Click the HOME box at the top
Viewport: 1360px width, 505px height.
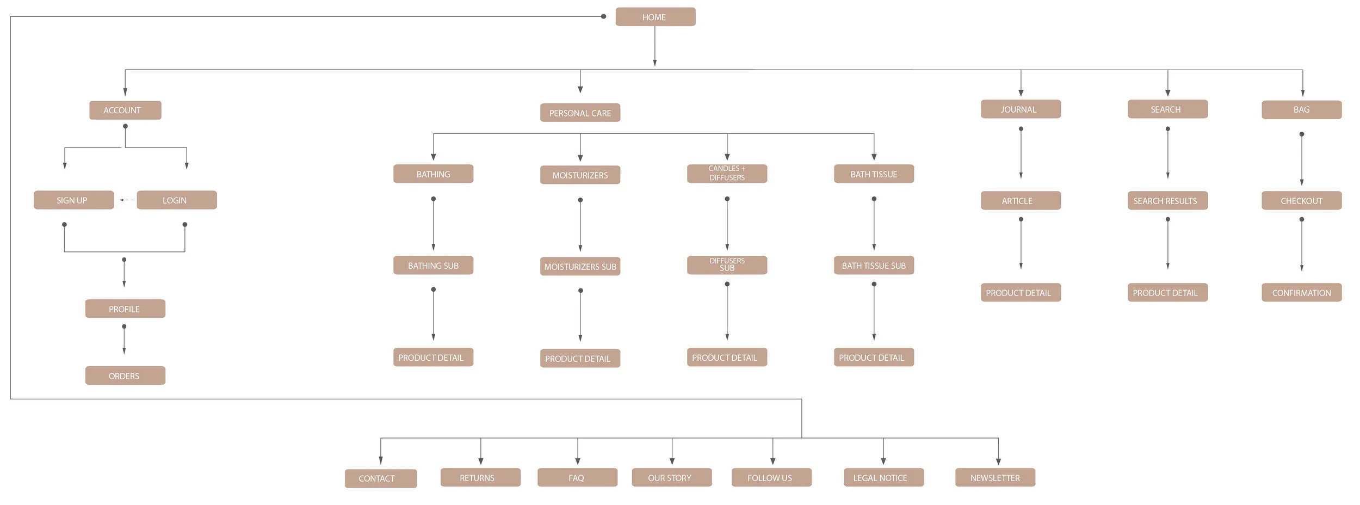tap(655, 17)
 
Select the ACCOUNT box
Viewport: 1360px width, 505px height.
tap(125, 110)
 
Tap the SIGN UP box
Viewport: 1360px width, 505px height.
tap(73, 200)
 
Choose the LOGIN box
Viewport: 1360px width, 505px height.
tap(177, 200)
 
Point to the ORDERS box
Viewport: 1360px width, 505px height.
tap(125, 375)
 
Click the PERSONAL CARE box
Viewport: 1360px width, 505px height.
tap(580, 113)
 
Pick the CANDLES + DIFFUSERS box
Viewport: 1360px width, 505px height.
tap(727, 174)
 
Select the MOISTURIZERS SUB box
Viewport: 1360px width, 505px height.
tap(580, 267)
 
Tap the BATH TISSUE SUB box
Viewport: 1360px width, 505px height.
tap(874, 266)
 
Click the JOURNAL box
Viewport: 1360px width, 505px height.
tap(1021, 109)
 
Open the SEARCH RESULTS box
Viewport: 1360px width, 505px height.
tap(1167, 201)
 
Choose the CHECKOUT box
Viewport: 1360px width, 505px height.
tap(1301, 201)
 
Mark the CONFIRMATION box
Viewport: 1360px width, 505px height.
tap(1301, 293)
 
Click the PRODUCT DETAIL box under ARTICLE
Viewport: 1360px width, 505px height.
tap(1021, 293)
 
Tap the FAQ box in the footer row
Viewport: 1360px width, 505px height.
tap(577, 478)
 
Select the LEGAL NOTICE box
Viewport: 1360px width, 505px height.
tap(883, 478)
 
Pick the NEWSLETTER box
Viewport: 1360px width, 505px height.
tap(995, 478)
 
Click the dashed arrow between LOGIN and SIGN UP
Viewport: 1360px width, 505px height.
tap(126, 200)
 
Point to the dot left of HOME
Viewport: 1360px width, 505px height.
tap(603, 16)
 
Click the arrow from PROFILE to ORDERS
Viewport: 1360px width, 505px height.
tap(124, 340)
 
